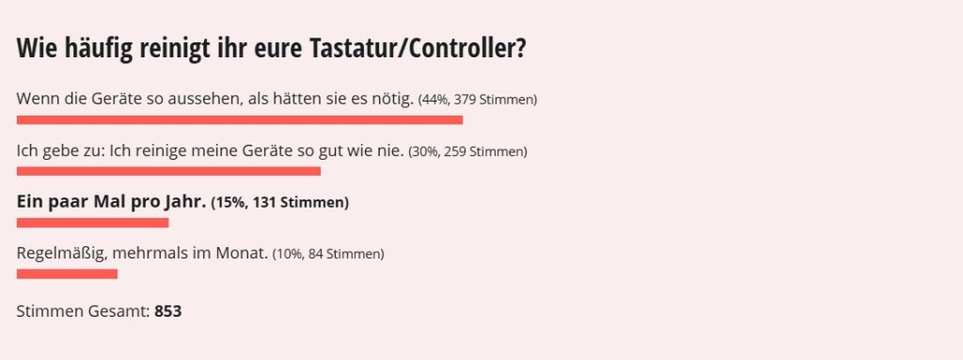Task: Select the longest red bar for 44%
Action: click(x=240, y=119)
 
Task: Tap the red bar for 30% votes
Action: click(x=168, y=171)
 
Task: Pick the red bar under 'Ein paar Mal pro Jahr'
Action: click(x=92, y=223)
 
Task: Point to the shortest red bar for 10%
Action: click(x=67, y=274)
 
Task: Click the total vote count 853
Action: click(x=167, y=311)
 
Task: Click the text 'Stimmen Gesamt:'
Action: click(x=83, y=311)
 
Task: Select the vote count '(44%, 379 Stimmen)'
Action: click(x=478, y=100)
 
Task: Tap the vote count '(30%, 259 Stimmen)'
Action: click(x=467, y=151)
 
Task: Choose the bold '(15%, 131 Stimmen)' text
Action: click(x=279, y=202)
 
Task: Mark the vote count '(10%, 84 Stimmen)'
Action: click(x=328, y=254)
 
